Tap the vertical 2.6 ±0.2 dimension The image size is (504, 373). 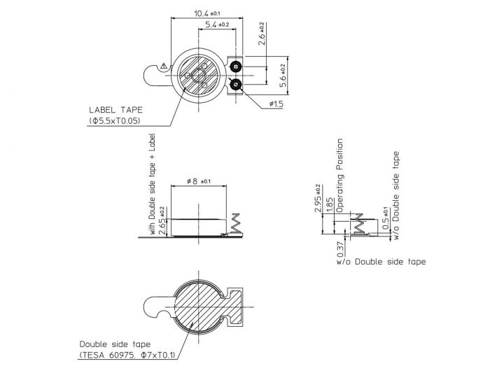[262, 34]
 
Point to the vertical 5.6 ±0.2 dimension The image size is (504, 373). [282, 74]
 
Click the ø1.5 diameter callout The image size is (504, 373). [275, 104]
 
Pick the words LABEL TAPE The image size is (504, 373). [115, 110]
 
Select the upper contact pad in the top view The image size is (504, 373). [234, 66]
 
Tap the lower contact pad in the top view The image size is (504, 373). [234, 85]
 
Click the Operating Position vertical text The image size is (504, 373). [341, 175]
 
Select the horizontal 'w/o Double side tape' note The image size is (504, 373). [380, 262]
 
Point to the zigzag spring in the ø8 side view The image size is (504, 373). [236, 224]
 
